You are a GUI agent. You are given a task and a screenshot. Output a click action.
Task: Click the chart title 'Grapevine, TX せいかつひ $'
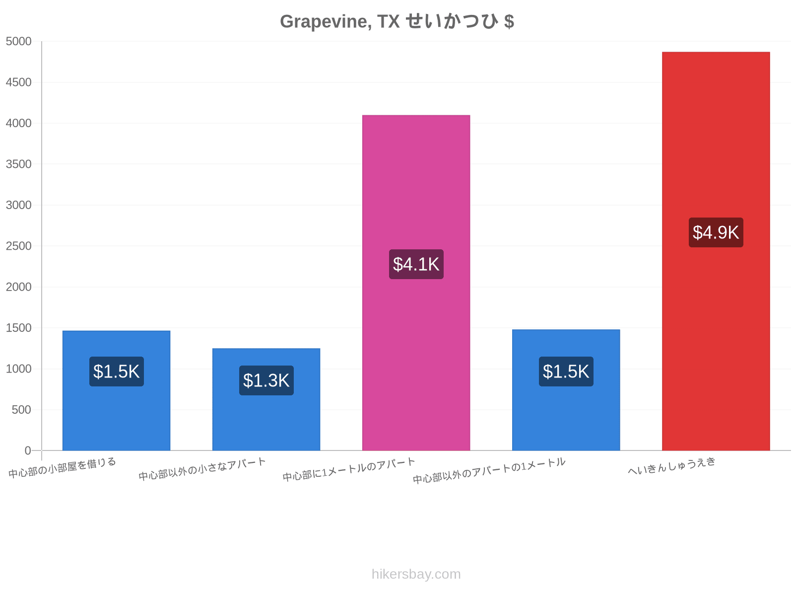coord(397,21)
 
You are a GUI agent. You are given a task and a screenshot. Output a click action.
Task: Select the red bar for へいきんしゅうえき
coord(716,251)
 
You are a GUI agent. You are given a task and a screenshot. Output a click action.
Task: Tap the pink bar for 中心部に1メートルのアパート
coord(416,283)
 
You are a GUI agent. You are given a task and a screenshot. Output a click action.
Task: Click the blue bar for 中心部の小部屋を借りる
coord(116,390)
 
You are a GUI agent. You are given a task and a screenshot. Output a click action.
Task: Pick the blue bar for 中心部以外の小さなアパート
coord(266,399)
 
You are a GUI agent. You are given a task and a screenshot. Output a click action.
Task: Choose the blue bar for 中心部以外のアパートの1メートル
coord(566,390)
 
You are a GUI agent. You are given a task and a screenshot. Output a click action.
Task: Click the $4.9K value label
coord(716,232)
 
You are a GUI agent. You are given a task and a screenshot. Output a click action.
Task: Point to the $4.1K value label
coord(416,264)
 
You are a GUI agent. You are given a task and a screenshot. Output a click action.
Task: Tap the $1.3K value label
coord(266,380)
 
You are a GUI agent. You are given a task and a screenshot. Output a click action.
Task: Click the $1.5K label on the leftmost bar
coord(117,372)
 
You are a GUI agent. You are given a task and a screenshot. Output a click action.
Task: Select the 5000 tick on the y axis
coord(18,41)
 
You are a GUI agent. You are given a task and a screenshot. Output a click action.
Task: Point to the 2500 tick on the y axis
coord(18,246)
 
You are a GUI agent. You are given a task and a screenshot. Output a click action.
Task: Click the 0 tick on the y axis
coord(28,450)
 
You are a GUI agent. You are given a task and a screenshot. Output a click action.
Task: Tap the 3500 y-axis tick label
coord(18,164)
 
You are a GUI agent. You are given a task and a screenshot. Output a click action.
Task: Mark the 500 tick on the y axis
coord(21,410)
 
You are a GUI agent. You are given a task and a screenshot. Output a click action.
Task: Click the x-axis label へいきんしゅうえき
coord(671,466)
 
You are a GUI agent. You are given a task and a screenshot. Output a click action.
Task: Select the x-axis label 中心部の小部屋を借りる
coord(62,467)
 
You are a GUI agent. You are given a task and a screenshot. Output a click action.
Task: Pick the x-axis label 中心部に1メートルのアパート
coord(349,469)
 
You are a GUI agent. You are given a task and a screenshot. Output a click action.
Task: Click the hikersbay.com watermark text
coord(416,574)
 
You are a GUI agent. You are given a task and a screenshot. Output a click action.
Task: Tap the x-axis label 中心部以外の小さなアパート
coord(202,469)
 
